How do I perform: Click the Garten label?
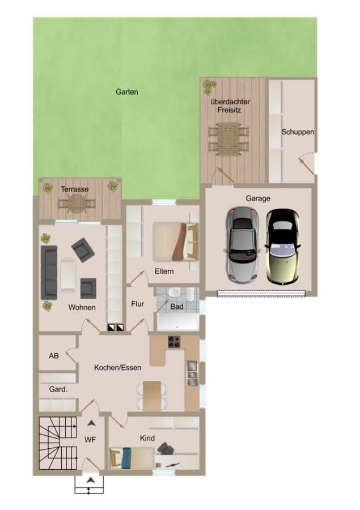(x=127, y=92)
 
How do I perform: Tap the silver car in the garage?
(x=243, y=245)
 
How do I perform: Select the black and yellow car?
(x=282, y=247)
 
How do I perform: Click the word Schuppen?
(x=298, y=132)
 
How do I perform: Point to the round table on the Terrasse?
(x=77, y=203)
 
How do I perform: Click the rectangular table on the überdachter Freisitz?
(x=228, y=139)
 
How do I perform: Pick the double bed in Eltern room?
(x=175, y=241)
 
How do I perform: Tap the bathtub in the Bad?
(x=177, y=322)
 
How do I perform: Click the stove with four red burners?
(x=174, y=342)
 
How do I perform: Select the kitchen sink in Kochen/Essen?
(x=192, y=373)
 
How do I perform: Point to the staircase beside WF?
(x=58, y=443)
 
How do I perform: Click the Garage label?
(x=258, y=198)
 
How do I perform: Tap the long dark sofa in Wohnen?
(x=49, y=272)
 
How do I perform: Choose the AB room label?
(x=54, y=356)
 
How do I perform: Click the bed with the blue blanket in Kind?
(x=132, y=458)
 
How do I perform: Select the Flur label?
(x=137, y=304)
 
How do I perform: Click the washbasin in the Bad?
(x=175, y=292)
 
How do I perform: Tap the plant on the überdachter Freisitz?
(x=209, y=87)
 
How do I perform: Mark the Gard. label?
(x=58, y=389)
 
